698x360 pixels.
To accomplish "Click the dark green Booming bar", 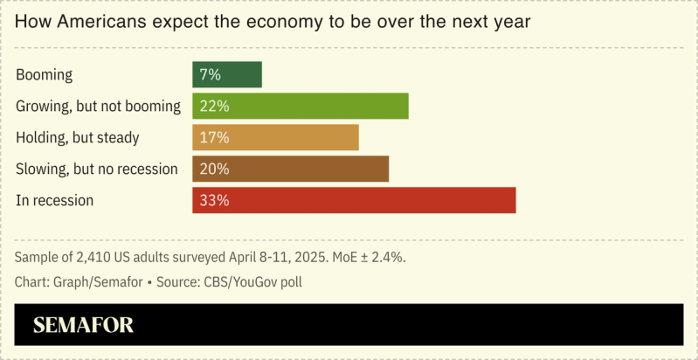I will pos(227,74).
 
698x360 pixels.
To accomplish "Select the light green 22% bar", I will pos(301,106).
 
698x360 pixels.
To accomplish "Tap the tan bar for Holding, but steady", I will pos(275,137).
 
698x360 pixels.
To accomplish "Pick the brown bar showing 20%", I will pos(290,169).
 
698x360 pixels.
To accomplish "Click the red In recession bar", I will pos(354,200).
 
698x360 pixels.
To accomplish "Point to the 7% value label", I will pos(210,74).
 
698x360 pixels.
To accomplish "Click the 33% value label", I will pos(214,200).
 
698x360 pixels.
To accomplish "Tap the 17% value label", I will pos(214,137).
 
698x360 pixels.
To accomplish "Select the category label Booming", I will pos(44,75).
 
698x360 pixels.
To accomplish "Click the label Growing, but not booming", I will pos(98,107).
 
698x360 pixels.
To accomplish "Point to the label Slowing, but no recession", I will pos(97,169).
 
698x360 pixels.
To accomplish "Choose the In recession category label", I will pos(54,200).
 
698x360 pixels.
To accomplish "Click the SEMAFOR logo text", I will pos(83,326).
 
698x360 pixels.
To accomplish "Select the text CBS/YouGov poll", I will pos(250,282).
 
